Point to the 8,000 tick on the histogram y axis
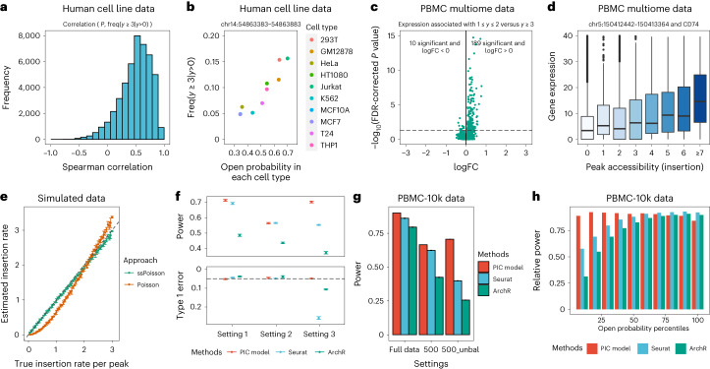(30, 34)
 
